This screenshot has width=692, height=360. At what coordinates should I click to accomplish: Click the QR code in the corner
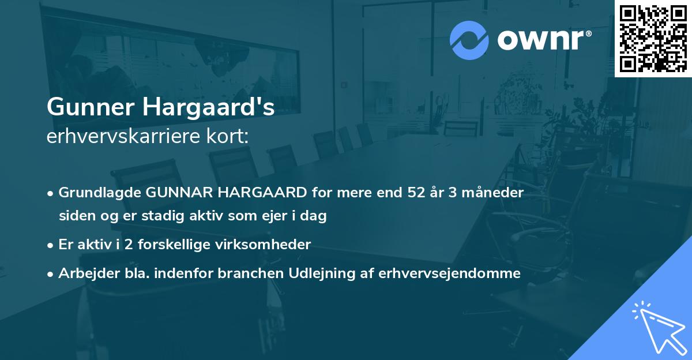[653, 39]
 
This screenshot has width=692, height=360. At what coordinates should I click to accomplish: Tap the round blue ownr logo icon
[469, 40]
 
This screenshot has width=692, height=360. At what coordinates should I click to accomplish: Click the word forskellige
[174, 245]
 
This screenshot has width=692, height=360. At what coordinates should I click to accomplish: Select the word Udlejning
[313, 273]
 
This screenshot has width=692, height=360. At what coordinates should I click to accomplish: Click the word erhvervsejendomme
[450, 273]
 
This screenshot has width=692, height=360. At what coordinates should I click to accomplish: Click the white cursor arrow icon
[657, 327]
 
